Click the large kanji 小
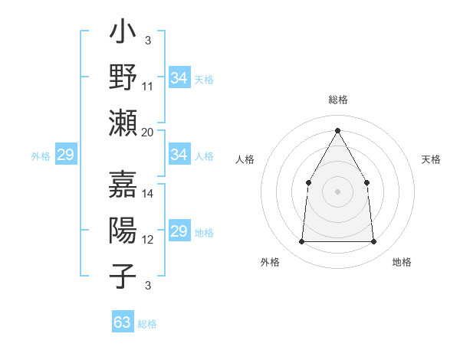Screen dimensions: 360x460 tap(123, 34)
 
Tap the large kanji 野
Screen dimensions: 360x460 tap(123, 77)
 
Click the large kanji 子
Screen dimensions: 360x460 tap(123, 275)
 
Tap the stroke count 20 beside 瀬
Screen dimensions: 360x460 tap(148, 132)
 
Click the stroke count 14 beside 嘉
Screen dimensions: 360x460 tap(148, 193)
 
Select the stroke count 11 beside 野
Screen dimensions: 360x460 tap(148, 86)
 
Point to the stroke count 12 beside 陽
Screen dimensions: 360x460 tap(148, 239)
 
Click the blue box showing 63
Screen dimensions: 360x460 tap(123, 322)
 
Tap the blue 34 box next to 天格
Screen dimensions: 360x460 tap(179, 77)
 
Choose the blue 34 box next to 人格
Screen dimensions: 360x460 tap(179, 155)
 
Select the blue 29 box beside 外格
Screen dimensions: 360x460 tap(65, 155)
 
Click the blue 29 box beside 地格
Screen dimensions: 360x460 tap(179, 231)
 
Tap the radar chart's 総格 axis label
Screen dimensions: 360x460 tap(337, 100)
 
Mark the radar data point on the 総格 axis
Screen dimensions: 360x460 tap(337, 130)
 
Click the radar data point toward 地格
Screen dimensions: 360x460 tap(373, 241)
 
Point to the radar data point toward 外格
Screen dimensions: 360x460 tap(301, 241)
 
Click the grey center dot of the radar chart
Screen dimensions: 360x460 tap(337, 191)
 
